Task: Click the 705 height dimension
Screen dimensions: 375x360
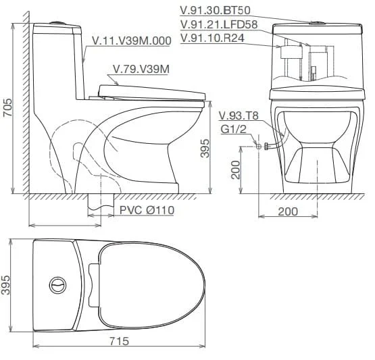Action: (7, 107)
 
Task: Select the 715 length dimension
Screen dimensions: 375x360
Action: (120, 341)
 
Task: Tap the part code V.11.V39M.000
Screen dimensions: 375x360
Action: (132, 41)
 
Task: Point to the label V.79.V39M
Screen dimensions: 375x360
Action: (141, 70)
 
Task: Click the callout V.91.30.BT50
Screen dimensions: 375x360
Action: (216, 10)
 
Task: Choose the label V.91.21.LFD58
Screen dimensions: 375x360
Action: (219, 24)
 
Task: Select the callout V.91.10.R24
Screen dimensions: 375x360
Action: (212, 38)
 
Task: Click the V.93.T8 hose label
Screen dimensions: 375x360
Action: (239, 115)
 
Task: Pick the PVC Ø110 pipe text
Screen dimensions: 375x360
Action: (147, 210)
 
